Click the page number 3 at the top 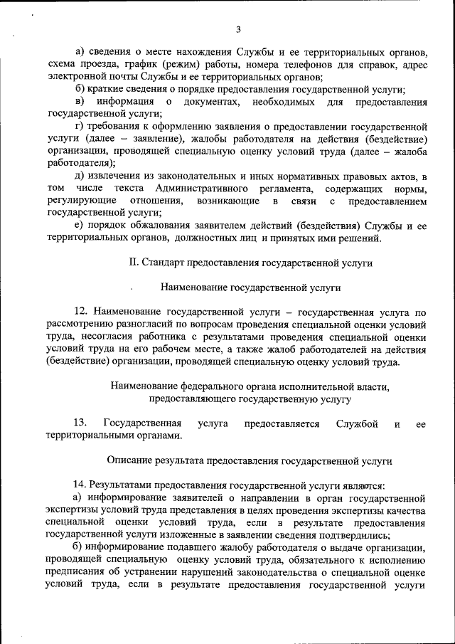pyautogui.click(x=239, y=29)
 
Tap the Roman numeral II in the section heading pyautogui.click(x=133, y=263)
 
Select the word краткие pyautogui.click(x=105, y=90)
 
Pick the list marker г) pyautogui.click(x=78, y=127)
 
